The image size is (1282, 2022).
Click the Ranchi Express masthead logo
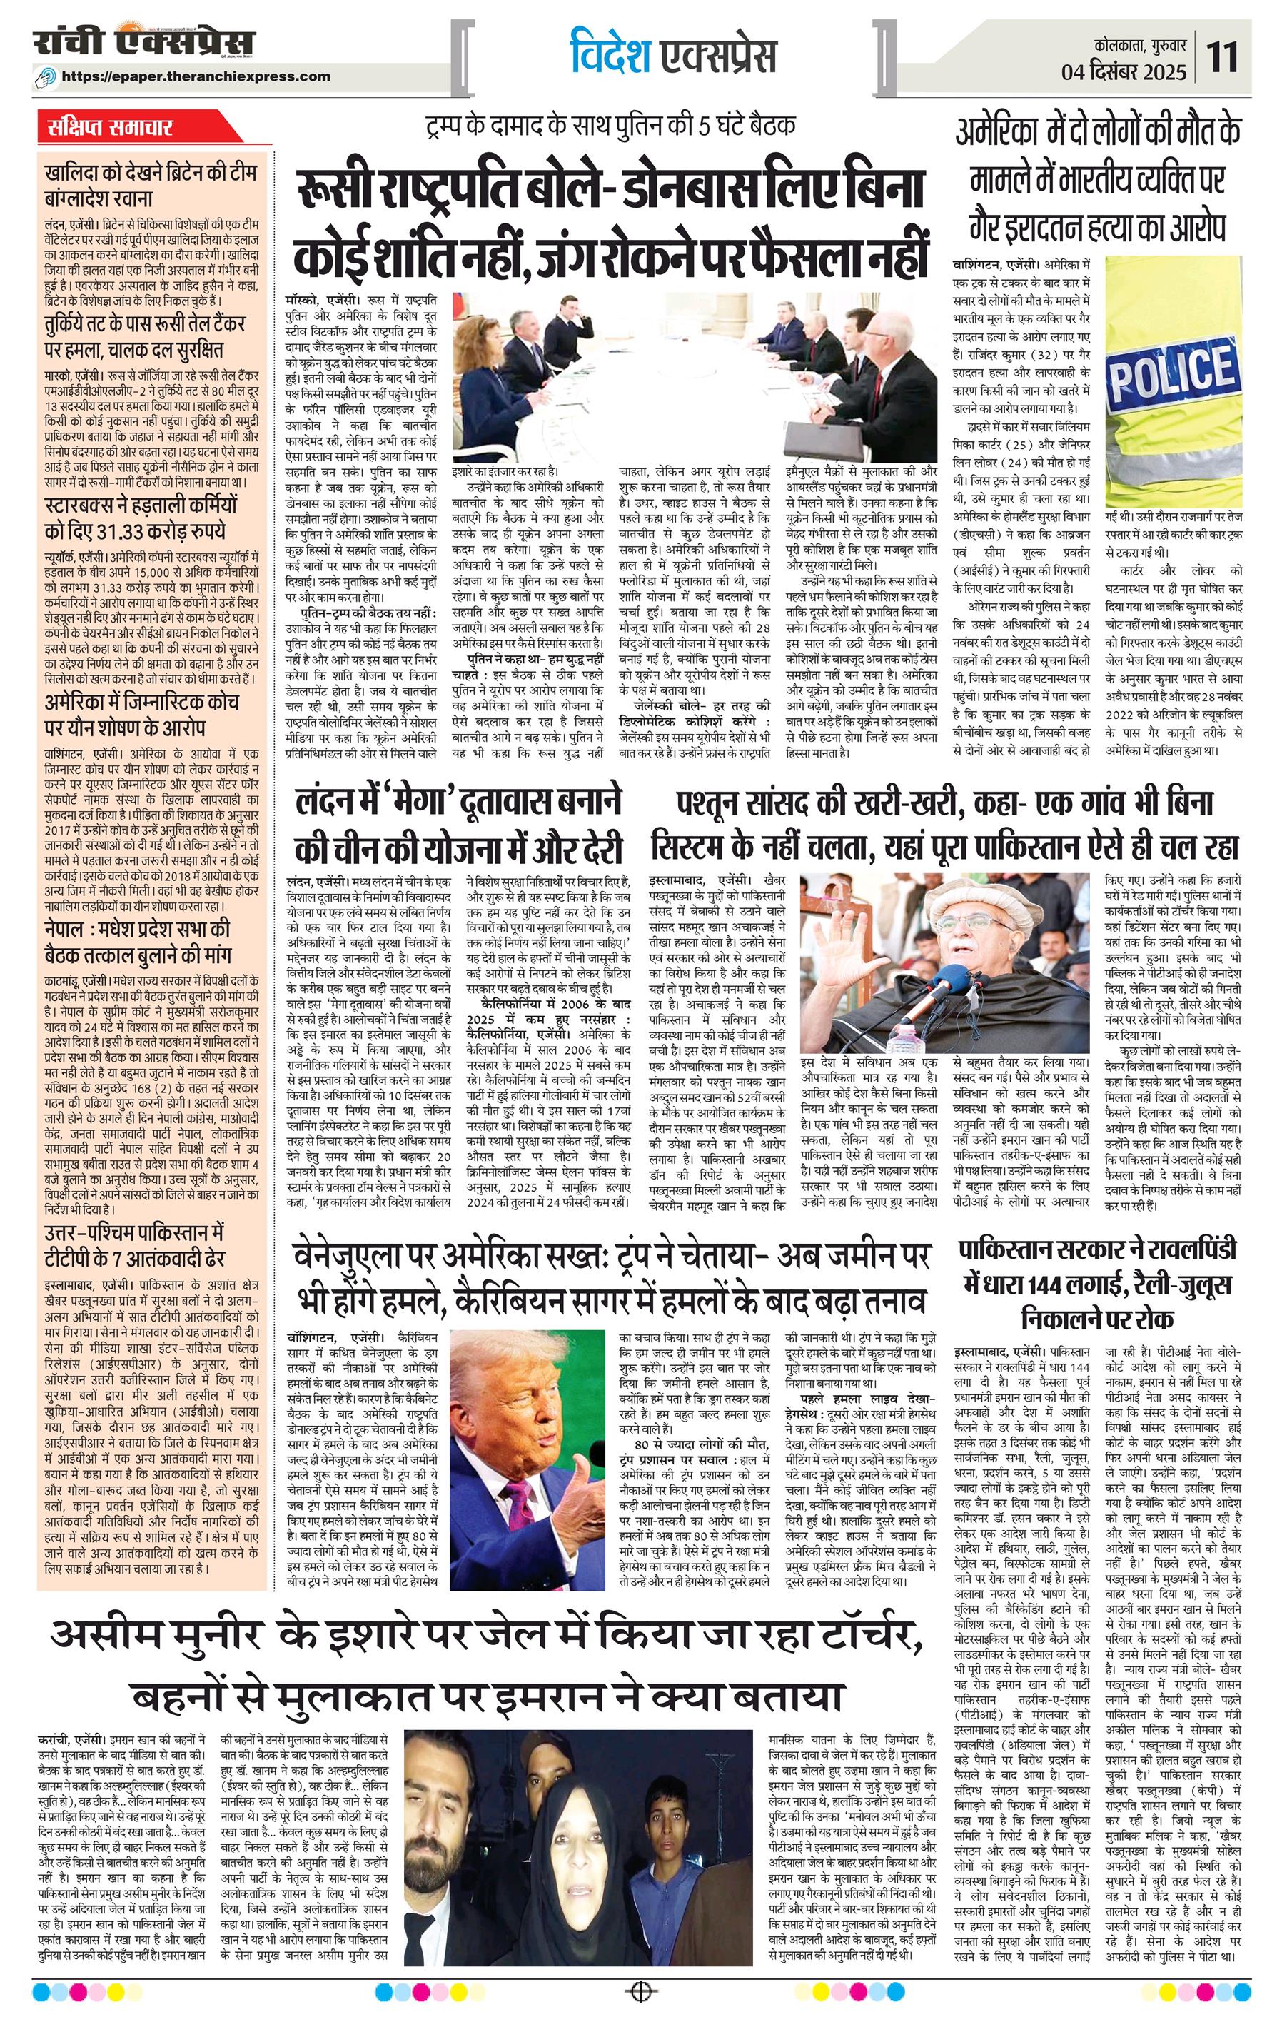point(143,42)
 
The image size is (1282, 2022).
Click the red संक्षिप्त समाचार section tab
point(110,128)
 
